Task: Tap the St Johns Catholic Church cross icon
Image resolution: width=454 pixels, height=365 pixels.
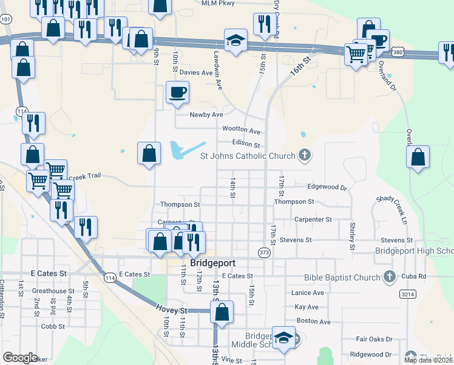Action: (305, 156)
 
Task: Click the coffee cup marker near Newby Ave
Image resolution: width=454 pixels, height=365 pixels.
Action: (177, 94)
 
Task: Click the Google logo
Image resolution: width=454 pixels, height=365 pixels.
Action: (20, 358)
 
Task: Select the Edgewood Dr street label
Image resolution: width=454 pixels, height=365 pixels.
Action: (327, 187)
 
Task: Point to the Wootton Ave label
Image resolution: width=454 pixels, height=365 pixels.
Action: (241, 131)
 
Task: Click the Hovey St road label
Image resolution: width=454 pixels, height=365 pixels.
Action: (175, 310)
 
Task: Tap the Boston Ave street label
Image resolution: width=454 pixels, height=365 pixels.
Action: (313, 321)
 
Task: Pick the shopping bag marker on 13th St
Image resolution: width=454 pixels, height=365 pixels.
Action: (222, 313)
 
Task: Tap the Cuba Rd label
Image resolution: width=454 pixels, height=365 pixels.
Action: (413, 276)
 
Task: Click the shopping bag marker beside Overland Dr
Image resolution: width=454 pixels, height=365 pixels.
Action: (418, 158)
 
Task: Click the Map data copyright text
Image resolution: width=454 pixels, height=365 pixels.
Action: (429, 360)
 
